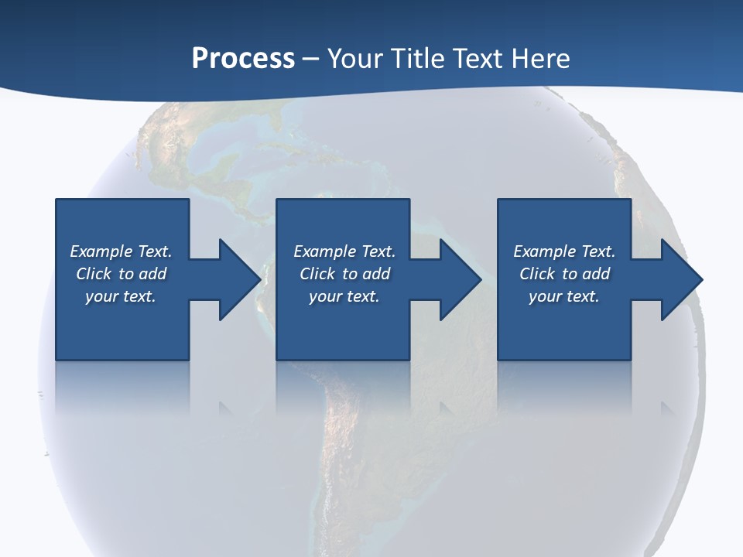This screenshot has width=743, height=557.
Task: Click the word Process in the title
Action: point(243,59)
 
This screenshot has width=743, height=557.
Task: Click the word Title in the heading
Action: point(419,59)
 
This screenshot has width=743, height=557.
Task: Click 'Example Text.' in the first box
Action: point(121,251)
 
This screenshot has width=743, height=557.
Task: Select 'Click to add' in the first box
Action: point(121,274)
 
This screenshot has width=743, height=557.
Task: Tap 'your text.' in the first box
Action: point(121,296)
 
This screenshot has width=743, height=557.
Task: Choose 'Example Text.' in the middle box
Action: point(344,251)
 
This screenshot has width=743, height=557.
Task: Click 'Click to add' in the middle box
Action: point(344,274)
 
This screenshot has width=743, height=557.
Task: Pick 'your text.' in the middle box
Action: point(344,296)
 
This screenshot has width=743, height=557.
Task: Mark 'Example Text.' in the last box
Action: point(564,251)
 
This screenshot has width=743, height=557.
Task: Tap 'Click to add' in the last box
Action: point(564,274)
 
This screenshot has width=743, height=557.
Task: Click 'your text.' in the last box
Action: point(564,296)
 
